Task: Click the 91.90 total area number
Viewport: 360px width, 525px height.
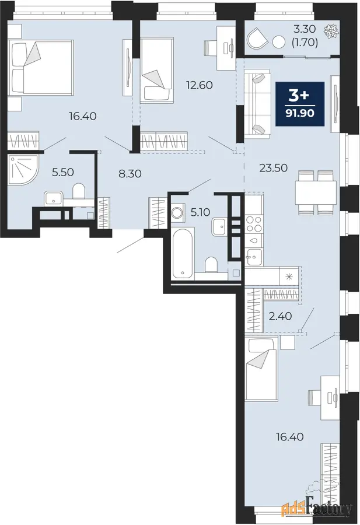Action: coord(300,113)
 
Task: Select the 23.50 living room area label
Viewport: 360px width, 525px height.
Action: coord(274,168)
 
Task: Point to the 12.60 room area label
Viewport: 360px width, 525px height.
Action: coord(200,85)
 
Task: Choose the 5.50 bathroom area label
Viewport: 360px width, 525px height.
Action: coord(62,172)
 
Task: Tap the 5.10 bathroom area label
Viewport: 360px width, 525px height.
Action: coord(200,212)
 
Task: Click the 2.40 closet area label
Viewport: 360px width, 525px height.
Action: coord(281,316)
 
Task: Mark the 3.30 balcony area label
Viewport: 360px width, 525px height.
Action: coord(305,29)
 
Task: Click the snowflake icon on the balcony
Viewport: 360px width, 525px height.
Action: coord(331,31)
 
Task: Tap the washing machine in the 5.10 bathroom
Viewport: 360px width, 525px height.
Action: coord(176,212)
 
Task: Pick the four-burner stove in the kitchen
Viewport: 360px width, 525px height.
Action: coord(254,224)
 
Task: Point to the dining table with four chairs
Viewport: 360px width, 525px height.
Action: coord(316,192)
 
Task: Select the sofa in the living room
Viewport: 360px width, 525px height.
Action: coord(257,103)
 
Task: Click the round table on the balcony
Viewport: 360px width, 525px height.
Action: coord(278,42)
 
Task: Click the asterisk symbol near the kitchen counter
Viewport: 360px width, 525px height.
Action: coord(289,276)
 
